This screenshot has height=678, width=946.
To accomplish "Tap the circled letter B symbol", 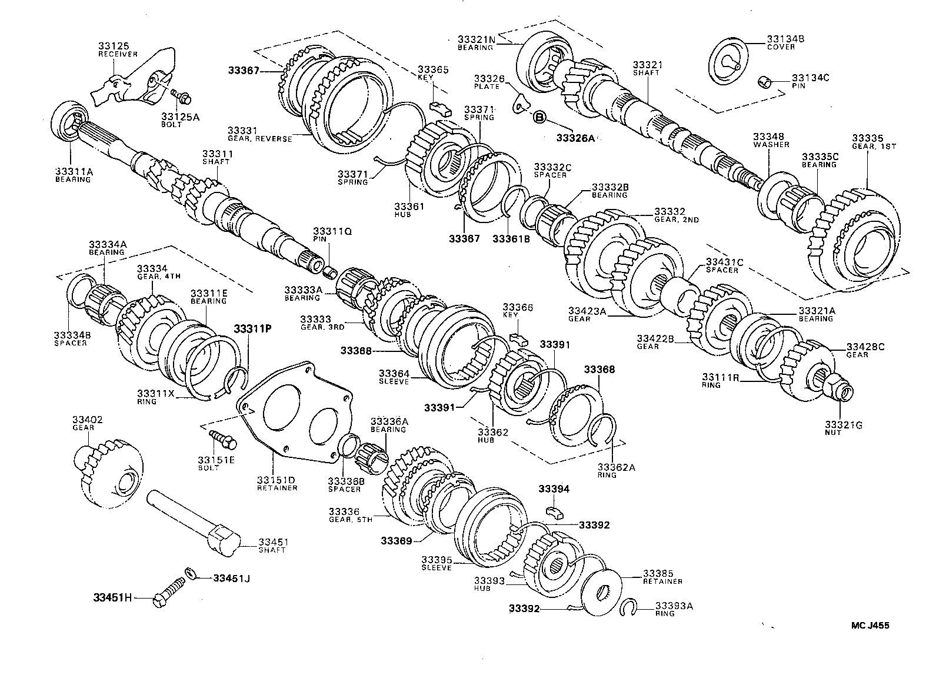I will coord(539,118).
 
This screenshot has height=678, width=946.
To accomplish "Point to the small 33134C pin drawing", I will coord(765,81).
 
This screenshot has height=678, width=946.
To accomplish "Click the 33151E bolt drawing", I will coord(222,438).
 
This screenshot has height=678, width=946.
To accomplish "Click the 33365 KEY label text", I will coord(433,74).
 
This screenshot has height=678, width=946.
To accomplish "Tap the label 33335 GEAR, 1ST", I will coord(873,142).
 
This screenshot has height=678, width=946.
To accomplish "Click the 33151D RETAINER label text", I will coord(277,483).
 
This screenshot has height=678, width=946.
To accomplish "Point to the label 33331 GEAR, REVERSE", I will coord(260,134).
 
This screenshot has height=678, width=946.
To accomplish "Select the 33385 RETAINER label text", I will coord(662,577).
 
